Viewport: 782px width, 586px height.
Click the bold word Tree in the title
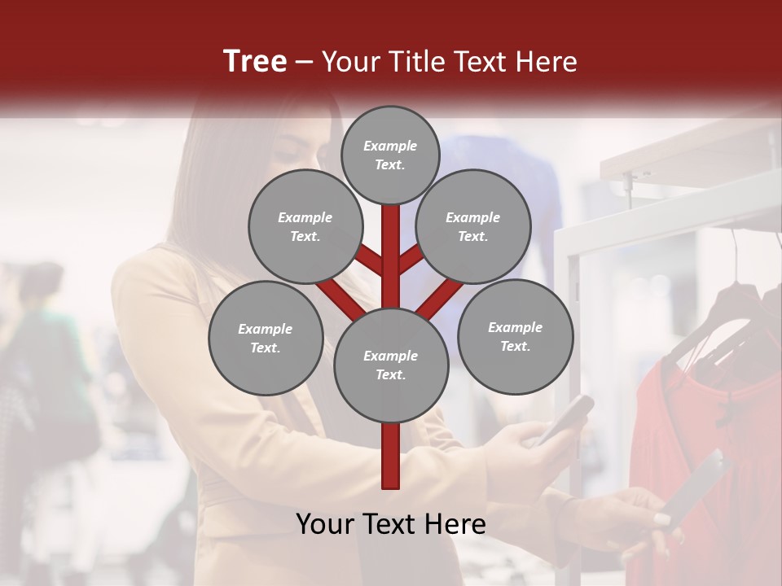click(x=255, y=61)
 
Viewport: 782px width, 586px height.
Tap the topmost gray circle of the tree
click(x=390, y=155)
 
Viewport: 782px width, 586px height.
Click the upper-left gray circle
click(x=305, y=226)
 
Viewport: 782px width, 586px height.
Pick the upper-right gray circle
click(x=472, y=226)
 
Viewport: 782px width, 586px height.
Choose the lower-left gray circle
click(x=266, y=338)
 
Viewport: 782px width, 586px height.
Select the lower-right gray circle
click(x=515, y=336)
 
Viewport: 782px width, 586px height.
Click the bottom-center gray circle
click(x=390, y=365)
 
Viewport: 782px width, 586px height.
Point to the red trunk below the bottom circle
click(x=390, y=456)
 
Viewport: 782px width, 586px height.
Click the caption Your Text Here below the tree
click(x=390, y=524)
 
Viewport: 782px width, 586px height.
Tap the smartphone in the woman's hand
click(x=565, y=418)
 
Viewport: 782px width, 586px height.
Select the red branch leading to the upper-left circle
click(x=368, y=260)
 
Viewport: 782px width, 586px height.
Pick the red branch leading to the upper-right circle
click(x=412, y=259)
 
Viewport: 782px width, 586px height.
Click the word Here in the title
click(x=550, y=62)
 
